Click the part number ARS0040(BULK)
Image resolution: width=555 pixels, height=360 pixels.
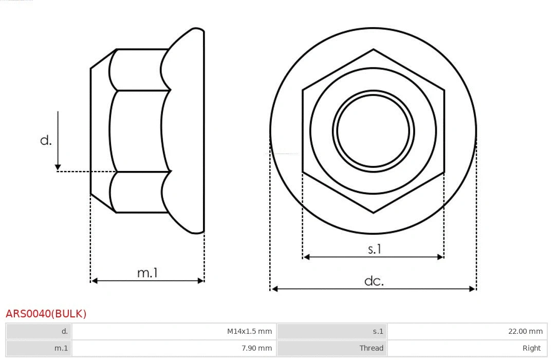coord(46,314)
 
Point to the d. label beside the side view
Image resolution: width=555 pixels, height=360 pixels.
coord(46,140)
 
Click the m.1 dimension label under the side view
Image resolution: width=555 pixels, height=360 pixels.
coord(147,273)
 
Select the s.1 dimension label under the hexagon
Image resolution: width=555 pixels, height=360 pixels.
coord(375,249)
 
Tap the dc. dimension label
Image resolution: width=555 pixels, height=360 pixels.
coord(374,281)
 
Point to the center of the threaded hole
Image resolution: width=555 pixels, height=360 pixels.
coord(373,130)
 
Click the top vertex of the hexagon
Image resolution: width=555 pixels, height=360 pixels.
coord(373,49)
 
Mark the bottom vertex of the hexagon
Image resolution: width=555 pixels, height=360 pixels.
coord(373,213)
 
